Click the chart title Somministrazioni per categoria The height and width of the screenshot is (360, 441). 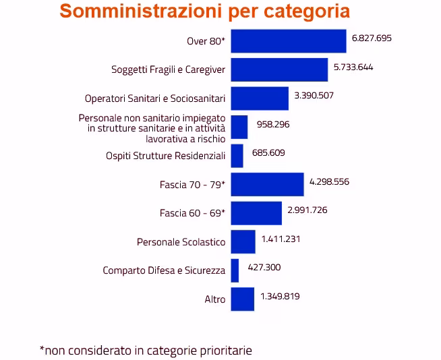(204, 12)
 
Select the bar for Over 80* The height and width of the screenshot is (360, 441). (288, 40)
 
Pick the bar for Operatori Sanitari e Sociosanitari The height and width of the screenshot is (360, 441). (260, 98)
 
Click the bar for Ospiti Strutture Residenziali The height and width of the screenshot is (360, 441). (237, 155)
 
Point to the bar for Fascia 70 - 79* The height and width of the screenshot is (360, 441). (267, 184)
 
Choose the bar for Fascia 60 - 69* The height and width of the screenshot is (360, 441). (256, 213)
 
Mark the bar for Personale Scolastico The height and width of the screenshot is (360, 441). (243, 241)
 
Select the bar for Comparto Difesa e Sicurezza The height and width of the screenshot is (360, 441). (235, 270)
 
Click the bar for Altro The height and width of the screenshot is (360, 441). (242, 299)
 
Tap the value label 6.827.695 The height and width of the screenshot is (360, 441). (372, 38)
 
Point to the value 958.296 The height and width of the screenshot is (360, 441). (274, 124)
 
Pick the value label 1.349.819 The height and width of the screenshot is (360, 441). (280, 296)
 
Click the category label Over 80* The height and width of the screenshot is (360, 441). (206, 41)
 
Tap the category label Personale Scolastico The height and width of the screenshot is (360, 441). (181, 241)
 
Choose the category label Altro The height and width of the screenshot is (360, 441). (214, 299)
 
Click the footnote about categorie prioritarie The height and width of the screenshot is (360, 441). (146, 350)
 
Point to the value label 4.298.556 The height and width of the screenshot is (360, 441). (329, 181)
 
